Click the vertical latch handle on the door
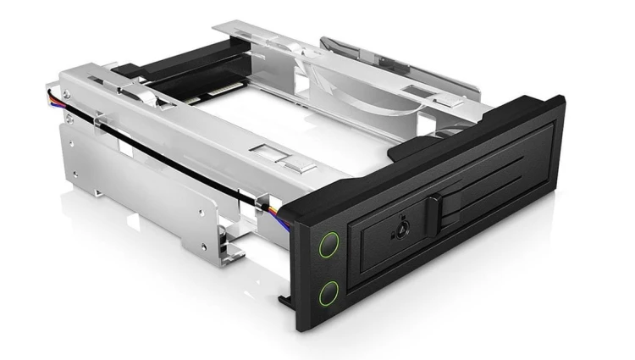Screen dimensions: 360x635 pyautogui.click(x=435, y=217)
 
